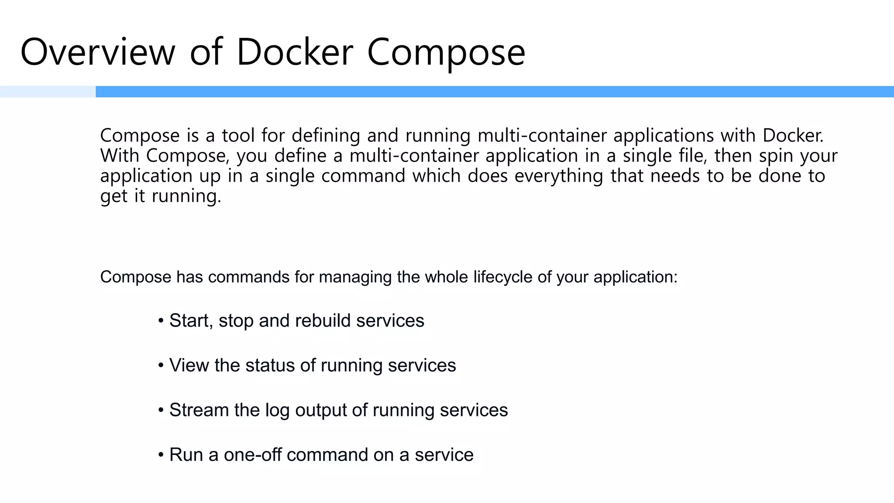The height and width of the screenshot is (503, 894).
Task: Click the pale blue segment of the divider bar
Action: coord(48,92)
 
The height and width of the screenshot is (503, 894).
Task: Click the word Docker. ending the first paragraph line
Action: coord(793,135)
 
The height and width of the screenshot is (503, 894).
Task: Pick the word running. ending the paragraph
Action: coord(186,196)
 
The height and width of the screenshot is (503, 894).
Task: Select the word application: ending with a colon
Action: coord(635,277)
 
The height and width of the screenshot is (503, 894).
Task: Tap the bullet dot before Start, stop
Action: coord(161,321)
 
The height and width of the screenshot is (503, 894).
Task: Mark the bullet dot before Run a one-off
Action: coord(161,455)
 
